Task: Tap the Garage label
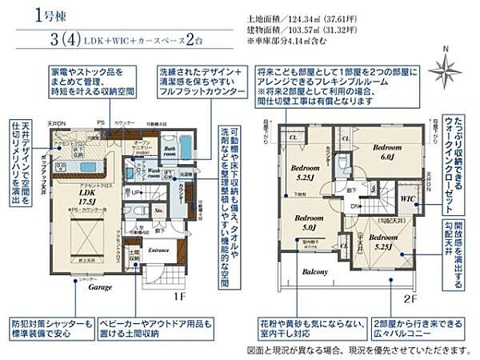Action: point(100,286)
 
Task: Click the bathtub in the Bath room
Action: point(185,149)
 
